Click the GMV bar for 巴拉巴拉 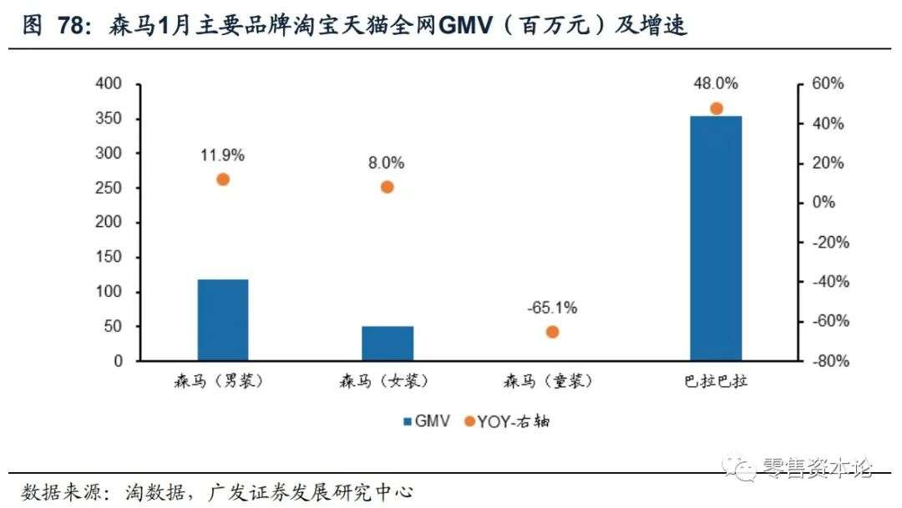[716, 239]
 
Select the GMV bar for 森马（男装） [223, 319]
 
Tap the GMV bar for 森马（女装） [388, 343]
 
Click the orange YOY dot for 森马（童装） [552, 332]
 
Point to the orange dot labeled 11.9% [223, 179]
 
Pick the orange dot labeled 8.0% [388, 187]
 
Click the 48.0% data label [716, 83]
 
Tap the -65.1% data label [552, 308]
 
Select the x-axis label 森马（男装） [223, 382]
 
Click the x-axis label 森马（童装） [552, 382]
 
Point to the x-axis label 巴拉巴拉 [716, 382]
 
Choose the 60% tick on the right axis [827, 84]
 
